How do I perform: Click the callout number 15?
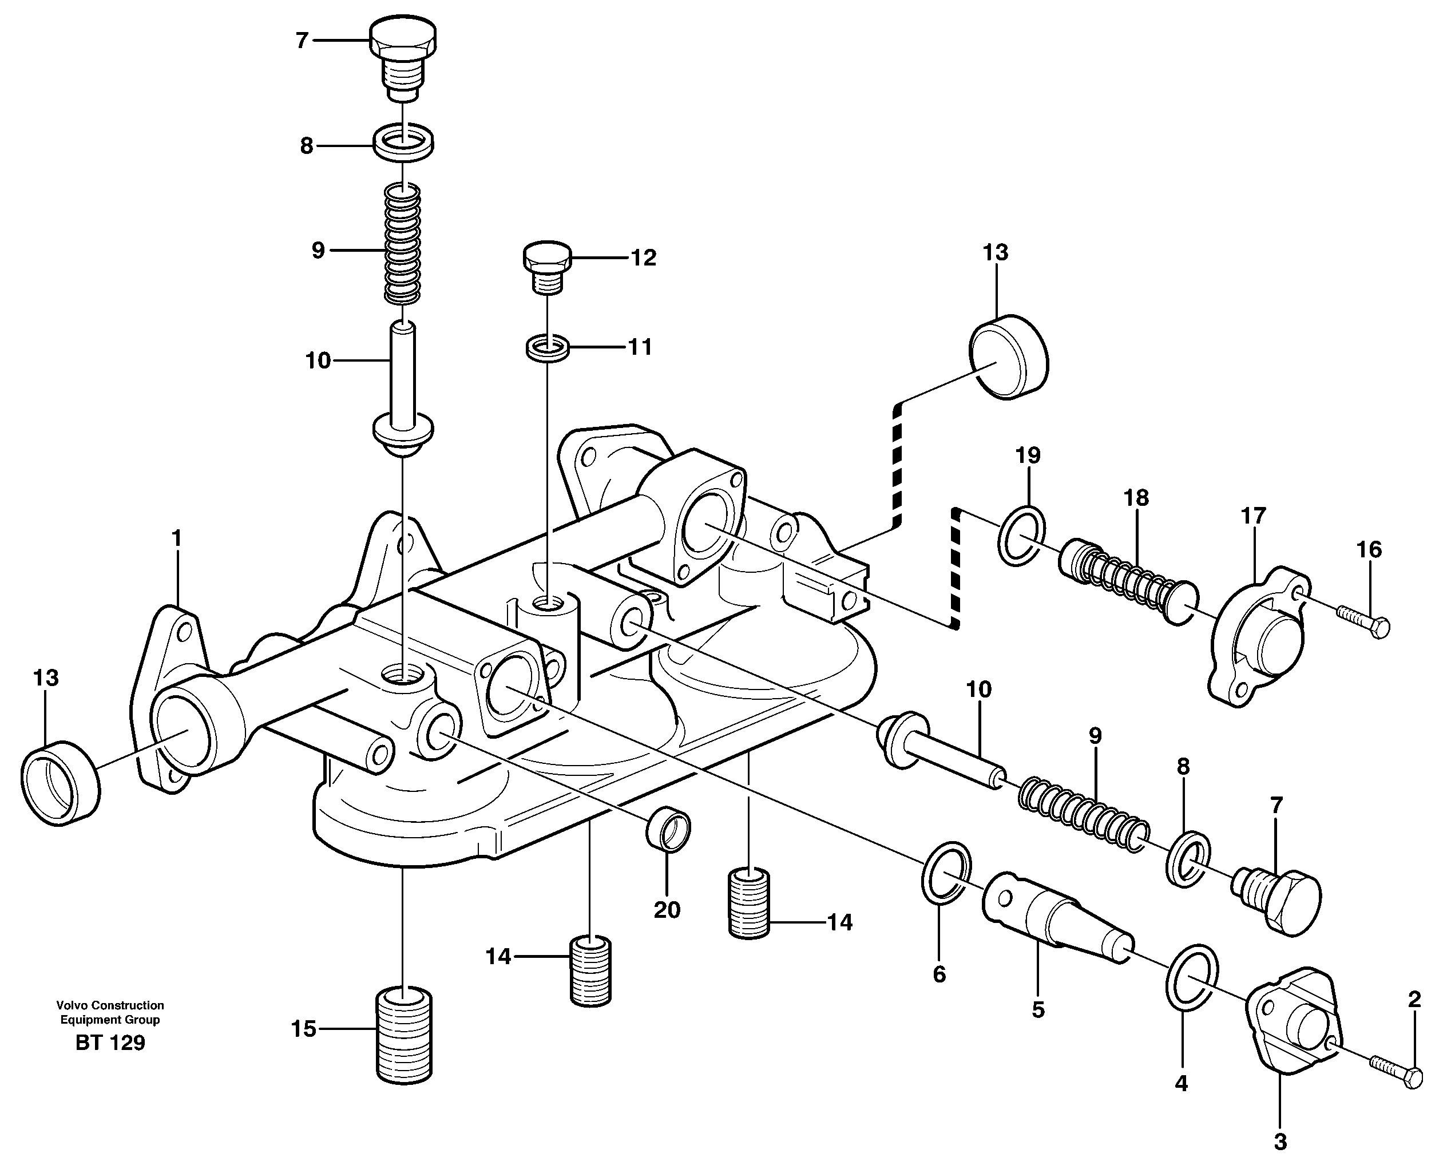pos(303,1029)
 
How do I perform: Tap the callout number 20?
pos(667,910)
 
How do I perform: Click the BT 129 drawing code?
pos(110,1043)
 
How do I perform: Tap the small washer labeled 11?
pos(548,349)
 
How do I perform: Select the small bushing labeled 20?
pos(668,831)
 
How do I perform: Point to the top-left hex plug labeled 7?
pos(402,59)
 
